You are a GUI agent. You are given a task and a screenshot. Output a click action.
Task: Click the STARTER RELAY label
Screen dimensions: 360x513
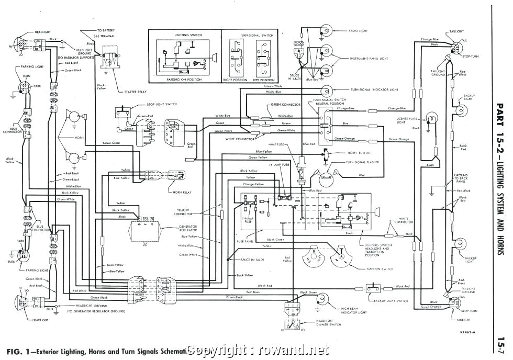coord(136,92)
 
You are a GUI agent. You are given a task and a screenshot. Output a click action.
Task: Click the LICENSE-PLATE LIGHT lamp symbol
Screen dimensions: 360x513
coord(432,119)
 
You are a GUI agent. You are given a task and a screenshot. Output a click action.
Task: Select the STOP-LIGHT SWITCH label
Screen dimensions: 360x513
coord(162,105)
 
